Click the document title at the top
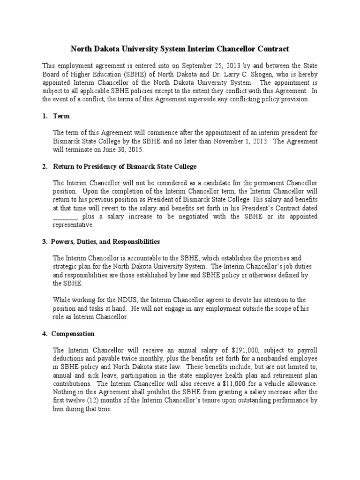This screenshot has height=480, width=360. click(180, 49)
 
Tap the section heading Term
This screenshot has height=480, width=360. click(62, 116)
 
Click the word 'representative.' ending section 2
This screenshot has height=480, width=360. click(73, 225)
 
